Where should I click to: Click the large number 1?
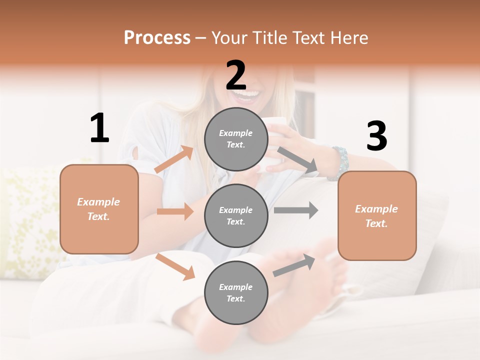tap(99, 128)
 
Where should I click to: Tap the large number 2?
tap(236, 75)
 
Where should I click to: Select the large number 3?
tap(376, 136)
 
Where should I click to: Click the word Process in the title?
tap(157, 37)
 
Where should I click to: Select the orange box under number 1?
tap(99, 209)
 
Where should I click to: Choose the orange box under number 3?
tap(377, 215)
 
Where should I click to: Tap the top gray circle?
tap(236, 139)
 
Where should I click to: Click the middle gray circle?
tap(236, 215)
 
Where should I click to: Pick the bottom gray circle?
tap(236, 292)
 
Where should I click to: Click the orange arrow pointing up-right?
tap(174, 159)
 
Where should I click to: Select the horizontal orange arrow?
tap(175, 211)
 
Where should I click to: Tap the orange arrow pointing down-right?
tap(175, 266)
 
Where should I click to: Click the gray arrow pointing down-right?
tap(297, 160)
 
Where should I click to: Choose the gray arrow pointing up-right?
tap(294, 265)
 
